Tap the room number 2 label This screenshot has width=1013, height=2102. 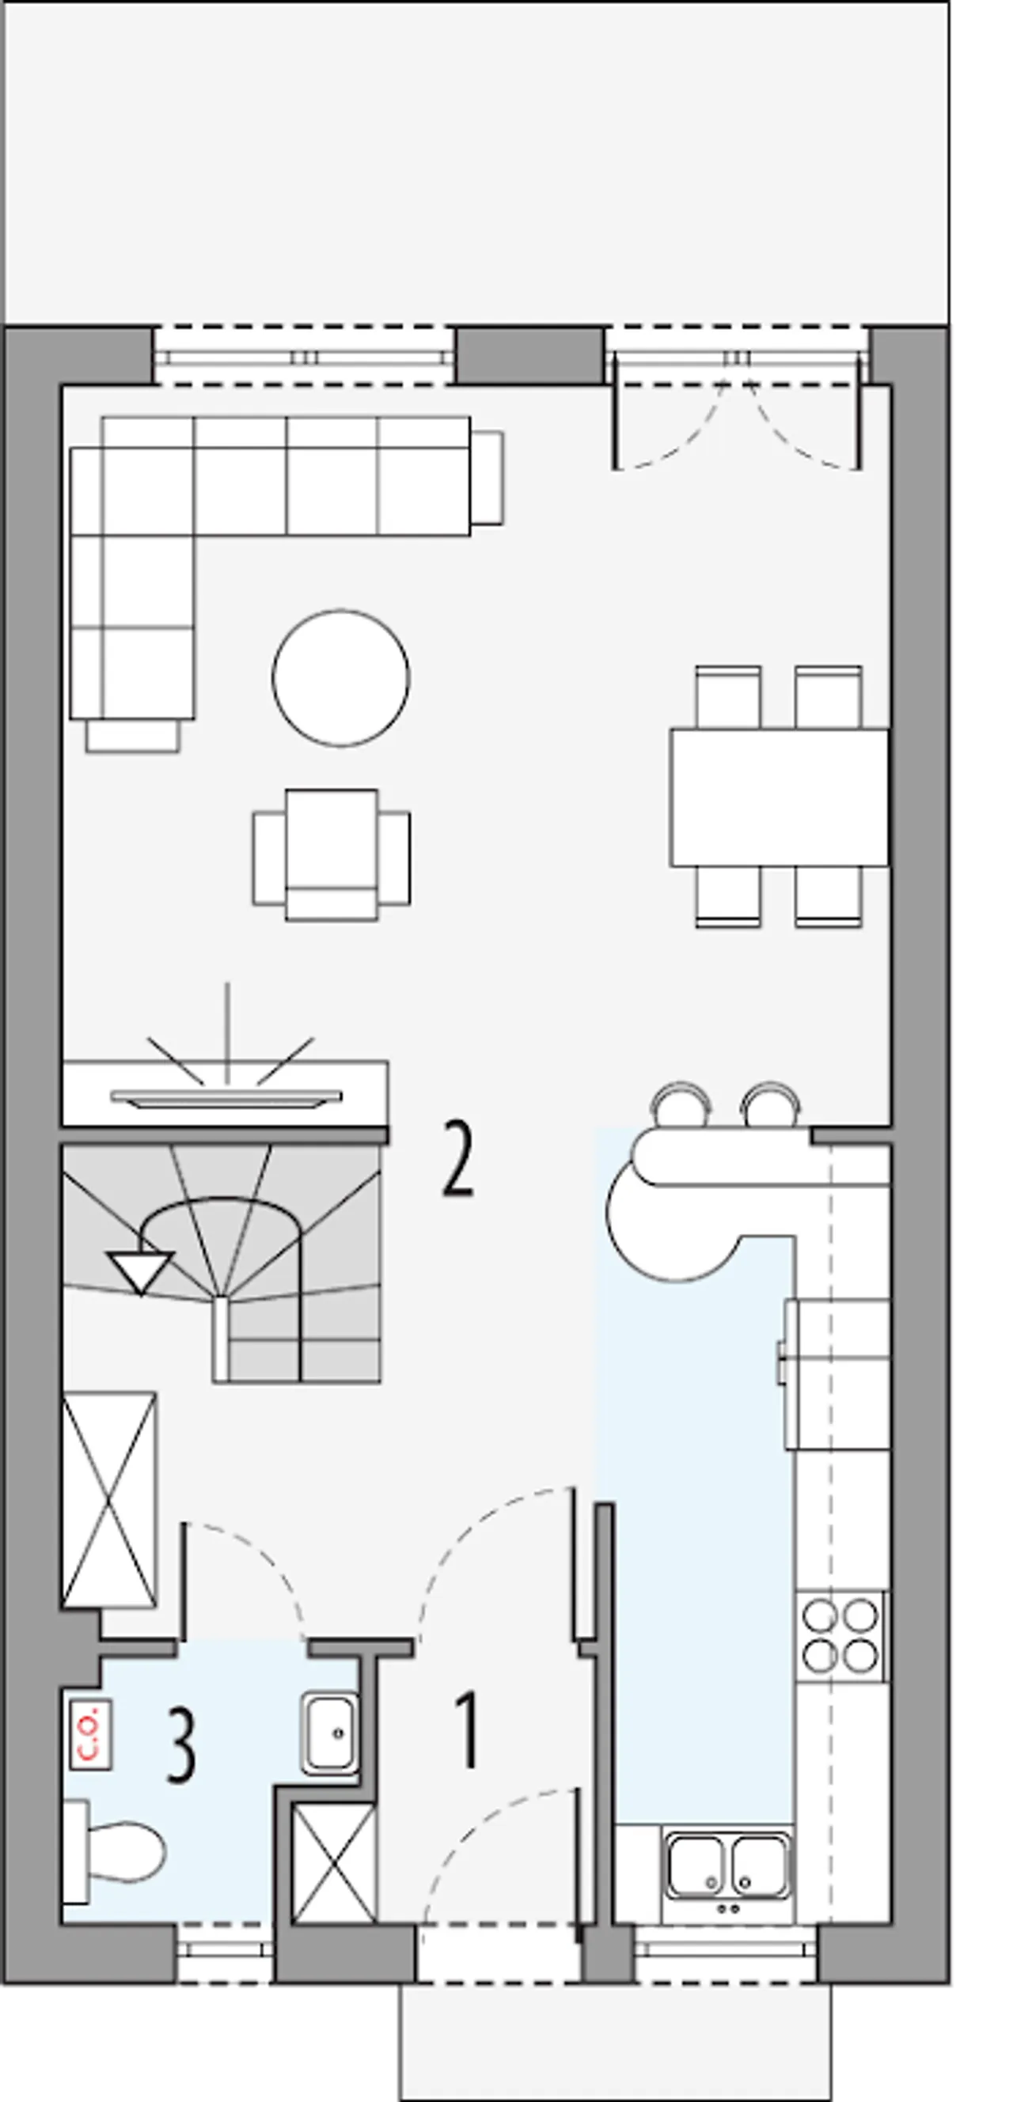(457, 1159)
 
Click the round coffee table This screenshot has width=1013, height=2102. (341, 677)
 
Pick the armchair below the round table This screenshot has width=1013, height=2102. (332, 855)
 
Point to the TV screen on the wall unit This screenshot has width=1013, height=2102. (226, 1098)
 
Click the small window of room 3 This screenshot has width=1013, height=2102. (225, 1952)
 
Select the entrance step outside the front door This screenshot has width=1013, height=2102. (616, 2042)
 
